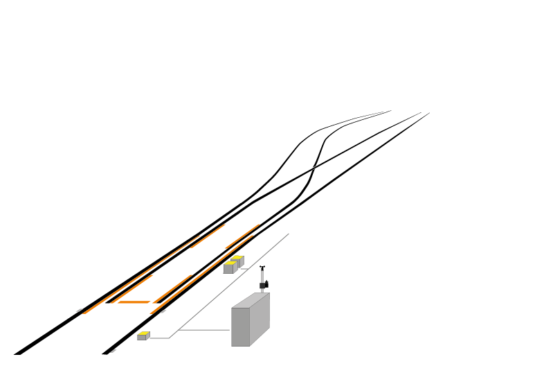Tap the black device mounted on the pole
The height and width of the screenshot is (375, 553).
pyautogui.click(x=264, y=284)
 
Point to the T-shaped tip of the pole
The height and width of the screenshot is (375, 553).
pyautogui.click(x=262, y=267)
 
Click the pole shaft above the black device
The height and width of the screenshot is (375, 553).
pyautogui.click(x=262, y=274)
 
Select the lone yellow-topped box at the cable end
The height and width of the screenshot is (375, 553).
pyautogui.click(x=143, y=336)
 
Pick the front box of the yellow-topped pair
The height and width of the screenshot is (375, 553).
pyautogui.click(x=229, y=268)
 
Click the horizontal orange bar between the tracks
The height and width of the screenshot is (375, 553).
pyautogui.click(x=134, y=302)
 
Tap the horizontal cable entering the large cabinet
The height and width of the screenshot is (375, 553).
pyautogui.click(x=204, y=330)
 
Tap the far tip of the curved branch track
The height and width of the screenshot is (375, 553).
pyautogui.click(x=390, y=111)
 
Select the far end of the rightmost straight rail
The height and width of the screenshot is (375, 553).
pyautogui.click(x=428, y=113)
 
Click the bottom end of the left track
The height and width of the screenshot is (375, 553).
pyautogui.click(x=18, y=351)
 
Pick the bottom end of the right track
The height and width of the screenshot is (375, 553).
pyautogui.click(x=107, y=352)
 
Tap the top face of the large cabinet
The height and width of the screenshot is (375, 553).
pyautogui.click(x=251, y=300)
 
